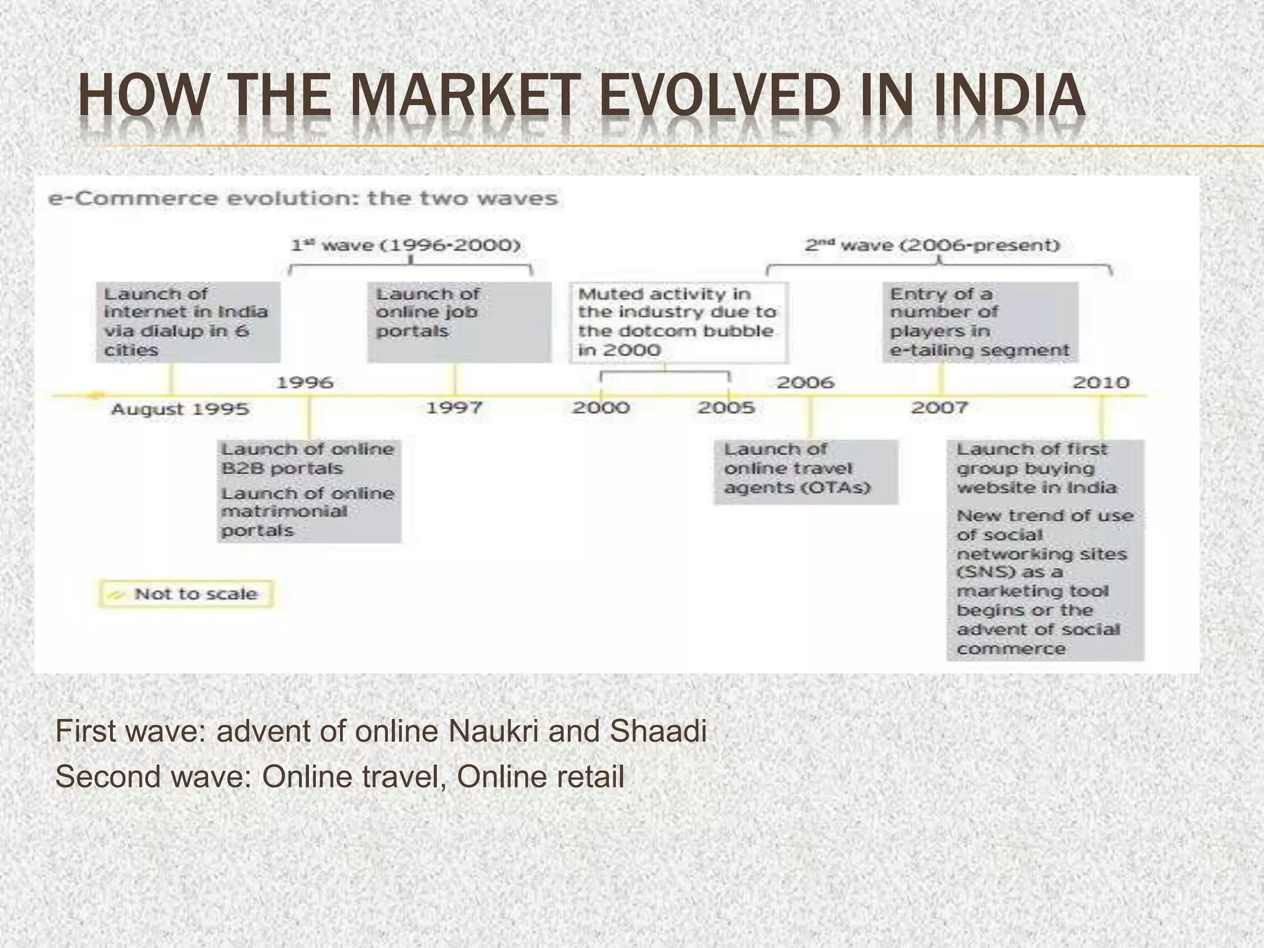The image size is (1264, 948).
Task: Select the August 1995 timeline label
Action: (180, 409)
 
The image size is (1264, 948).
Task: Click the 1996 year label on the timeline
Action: (305, 383)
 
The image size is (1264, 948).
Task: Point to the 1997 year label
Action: (454, 408)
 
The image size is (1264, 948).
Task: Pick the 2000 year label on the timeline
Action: (601, 408)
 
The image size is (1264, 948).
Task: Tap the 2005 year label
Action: (726, 408)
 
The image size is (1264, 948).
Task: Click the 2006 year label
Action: (805, 383)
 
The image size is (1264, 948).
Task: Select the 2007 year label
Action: (939, 408)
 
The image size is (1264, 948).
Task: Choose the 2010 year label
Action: (1101, 383)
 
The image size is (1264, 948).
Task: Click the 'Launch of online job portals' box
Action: (459, 322)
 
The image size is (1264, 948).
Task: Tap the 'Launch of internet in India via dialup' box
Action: (188, 322)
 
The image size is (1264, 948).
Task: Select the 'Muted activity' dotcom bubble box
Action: (678, 322)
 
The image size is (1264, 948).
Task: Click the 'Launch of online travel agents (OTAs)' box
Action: (805, 472)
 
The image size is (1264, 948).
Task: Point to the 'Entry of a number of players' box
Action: (980, 322)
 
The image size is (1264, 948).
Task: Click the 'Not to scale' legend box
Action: (185, 594)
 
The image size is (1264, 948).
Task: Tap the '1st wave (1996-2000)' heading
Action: (406, 245)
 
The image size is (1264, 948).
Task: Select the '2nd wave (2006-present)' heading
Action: (932, 245)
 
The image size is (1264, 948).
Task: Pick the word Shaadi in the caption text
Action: (658, 731)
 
